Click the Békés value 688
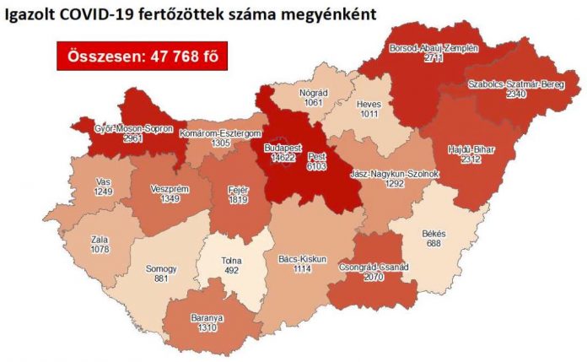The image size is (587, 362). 434,244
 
